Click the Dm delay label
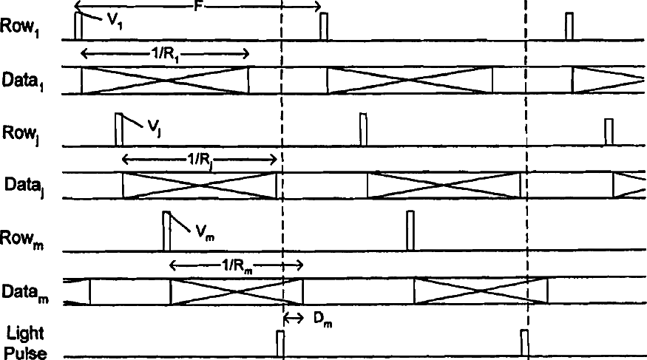click(319, 320)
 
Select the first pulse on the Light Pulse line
click(280, 344)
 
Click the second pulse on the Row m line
click(410, 231)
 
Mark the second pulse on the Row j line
click(362, 129)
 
